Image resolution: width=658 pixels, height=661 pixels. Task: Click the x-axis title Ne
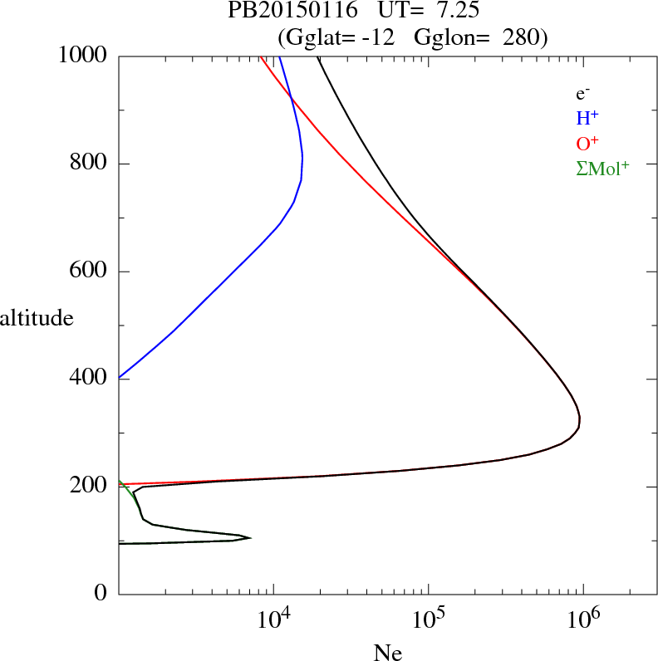[x=387, y=652]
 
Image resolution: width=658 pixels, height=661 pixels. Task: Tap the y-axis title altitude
[x=37, y=318]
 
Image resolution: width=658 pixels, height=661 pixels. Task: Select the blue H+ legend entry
[x=588, y=118]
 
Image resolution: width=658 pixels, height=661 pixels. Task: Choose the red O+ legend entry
[x=588, y=143]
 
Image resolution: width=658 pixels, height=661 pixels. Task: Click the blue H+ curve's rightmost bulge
[x=302, y=158]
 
